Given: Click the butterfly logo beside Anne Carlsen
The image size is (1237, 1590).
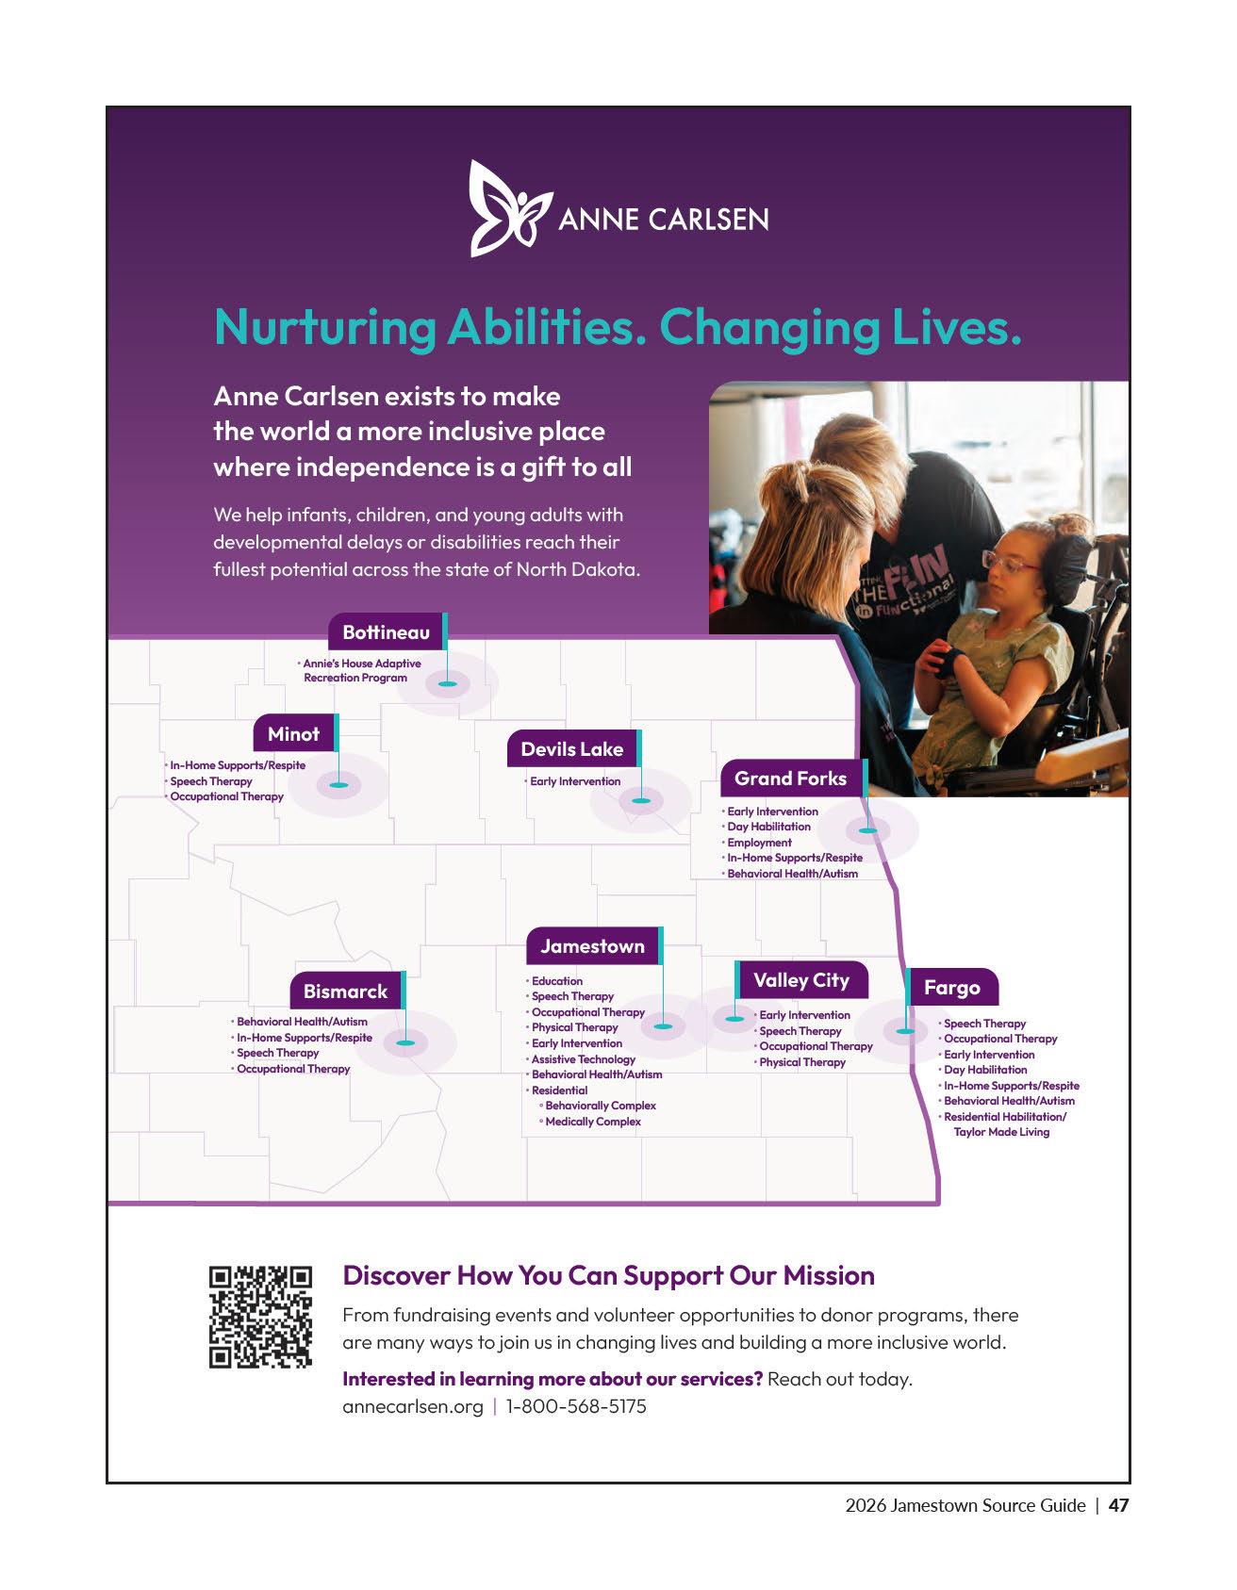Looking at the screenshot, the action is (x=509, y=208).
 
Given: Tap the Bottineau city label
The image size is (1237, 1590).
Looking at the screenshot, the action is (x=386, y=632).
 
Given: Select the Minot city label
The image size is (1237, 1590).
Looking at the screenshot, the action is (x=293, y=734).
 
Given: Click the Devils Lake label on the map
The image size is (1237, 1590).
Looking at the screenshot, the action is (x=571, y=749).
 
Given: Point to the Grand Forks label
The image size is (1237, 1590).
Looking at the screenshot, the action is (x=790, y=779).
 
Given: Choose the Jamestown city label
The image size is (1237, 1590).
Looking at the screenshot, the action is (x=592, y=946).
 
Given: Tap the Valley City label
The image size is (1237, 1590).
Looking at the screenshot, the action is (x=800, y=980).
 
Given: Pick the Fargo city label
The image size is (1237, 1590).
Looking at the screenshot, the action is (x=951, y=988).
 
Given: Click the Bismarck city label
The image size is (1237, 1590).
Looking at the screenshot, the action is (x=345, y=992).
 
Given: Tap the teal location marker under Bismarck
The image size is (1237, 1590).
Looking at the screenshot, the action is (x=405, y=1042).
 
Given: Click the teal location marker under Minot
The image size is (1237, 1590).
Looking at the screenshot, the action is (x=338, y=784).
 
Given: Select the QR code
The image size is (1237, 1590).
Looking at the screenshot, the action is (x=260, y=1317).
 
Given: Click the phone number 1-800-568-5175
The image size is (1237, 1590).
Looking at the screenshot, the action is (x=576, y=1406).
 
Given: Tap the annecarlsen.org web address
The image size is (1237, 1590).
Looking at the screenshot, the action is (x=412, y=1406).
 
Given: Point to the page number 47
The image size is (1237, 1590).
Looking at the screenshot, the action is (x=1118, y=1505).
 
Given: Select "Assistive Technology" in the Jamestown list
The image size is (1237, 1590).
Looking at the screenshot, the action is (x=583, y=1059).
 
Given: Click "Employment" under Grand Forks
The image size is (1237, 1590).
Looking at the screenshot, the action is (x=759, y=843).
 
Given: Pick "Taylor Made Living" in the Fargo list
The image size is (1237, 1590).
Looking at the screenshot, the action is (x=1001, y=1132).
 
